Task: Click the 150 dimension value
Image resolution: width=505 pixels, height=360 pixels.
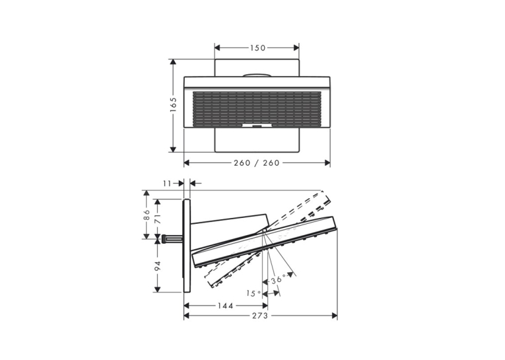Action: [257, 48]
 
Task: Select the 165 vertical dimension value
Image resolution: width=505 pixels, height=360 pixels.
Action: [173, 105]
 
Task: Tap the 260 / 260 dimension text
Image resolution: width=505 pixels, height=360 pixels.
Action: [257, 163]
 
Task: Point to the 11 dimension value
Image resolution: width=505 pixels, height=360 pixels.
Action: [167, 184]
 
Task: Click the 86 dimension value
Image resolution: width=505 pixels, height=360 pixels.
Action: [147, 215]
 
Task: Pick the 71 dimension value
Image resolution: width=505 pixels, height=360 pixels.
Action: [157, 219]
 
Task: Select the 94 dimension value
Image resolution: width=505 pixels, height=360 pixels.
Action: [157, 266]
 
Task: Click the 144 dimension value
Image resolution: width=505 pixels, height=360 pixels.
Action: [226, 306]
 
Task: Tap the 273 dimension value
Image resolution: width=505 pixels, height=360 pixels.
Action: [260, 316]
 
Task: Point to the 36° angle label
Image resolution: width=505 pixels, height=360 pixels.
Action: [278, 279]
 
